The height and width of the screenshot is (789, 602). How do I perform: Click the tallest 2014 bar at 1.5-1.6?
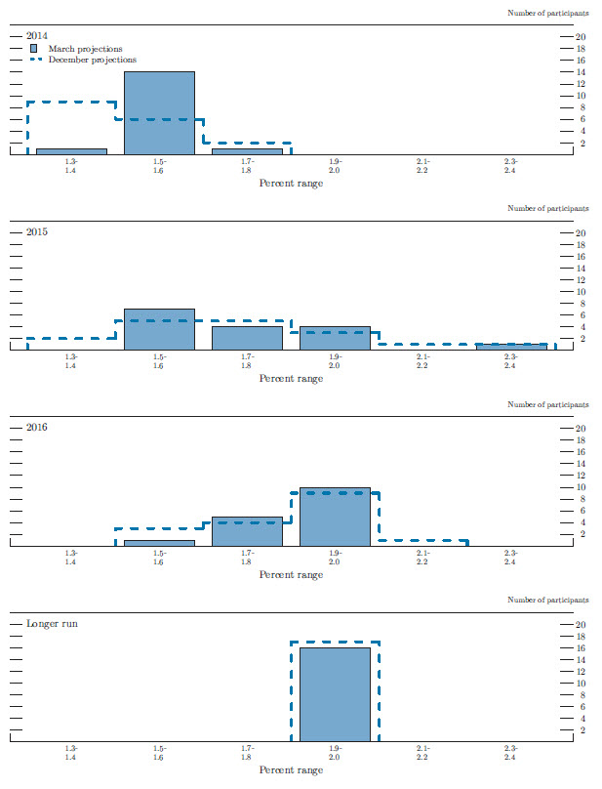click(x=159, y=112)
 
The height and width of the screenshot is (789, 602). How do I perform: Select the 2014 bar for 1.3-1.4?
click(x=71, y=151)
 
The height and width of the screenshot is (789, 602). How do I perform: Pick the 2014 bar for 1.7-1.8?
click(x=247, y=151)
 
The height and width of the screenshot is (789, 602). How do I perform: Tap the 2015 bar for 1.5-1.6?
click(x=159, y=329)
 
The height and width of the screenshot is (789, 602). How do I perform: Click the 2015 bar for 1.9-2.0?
click(x=335, y=338)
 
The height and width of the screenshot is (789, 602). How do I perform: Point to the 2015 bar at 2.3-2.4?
click(x=510, y=347)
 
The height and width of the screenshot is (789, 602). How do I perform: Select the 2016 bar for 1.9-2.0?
click(x=335, y=517)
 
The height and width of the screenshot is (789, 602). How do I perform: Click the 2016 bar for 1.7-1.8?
click(x=247, y=531)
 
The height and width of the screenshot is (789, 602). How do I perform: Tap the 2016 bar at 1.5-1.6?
click(x=159, y=543)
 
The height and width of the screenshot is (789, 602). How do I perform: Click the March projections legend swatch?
click(x=33, y=48)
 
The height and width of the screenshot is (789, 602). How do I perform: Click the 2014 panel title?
click(x=37, y=36)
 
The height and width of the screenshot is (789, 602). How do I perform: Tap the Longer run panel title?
click(x=52, y=623)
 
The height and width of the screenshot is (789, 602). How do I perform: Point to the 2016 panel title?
click(x=37, y=428)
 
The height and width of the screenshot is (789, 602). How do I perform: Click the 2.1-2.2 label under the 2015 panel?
click(x=422, y=360)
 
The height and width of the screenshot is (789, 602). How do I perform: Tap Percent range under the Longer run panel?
click(x=291, y=770)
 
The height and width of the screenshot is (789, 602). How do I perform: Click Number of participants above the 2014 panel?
click(x=548, y=13)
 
